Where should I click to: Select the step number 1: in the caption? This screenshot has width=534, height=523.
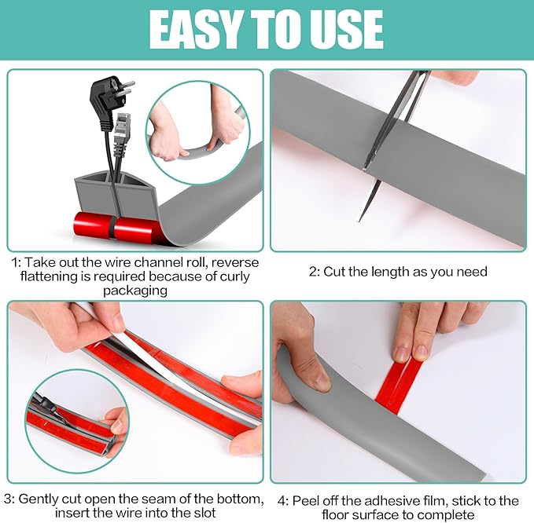click(x=17, y=262)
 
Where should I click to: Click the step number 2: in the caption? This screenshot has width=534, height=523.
click(x=315, y=272)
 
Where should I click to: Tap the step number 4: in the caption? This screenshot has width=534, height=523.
click(x=281, y=500)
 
